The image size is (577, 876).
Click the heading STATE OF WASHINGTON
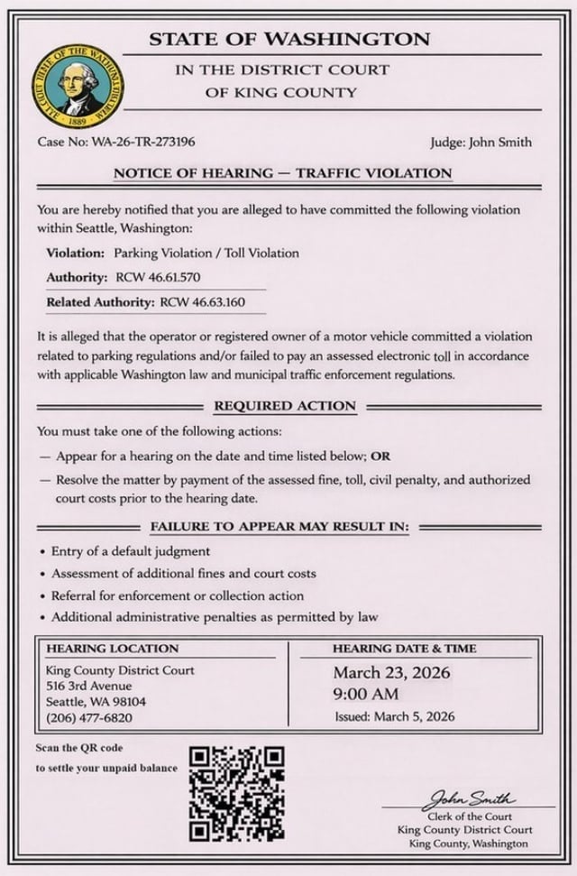(x=289, y=39)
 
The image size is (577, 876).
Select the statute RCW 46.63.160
(x=202, y=301)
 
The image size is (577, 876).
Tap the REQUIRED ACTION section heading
(x=285, y=406)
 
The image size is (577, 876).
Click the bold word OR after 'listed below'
(x=382, y=456)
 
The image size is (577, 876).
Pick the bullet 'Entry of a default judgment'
(x=131, y=550)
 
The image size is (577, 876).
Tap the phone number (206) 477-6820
(x=89, y=717)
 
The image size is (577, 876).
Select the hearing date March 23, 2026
(x=391, y=673)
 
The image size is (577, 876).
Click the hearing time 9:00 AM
(x=365, y=695)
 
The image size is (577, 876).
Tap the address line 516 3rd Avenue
(x=88, y=686)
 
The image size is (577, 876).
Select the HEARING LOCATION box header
(x=113, y=648)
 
